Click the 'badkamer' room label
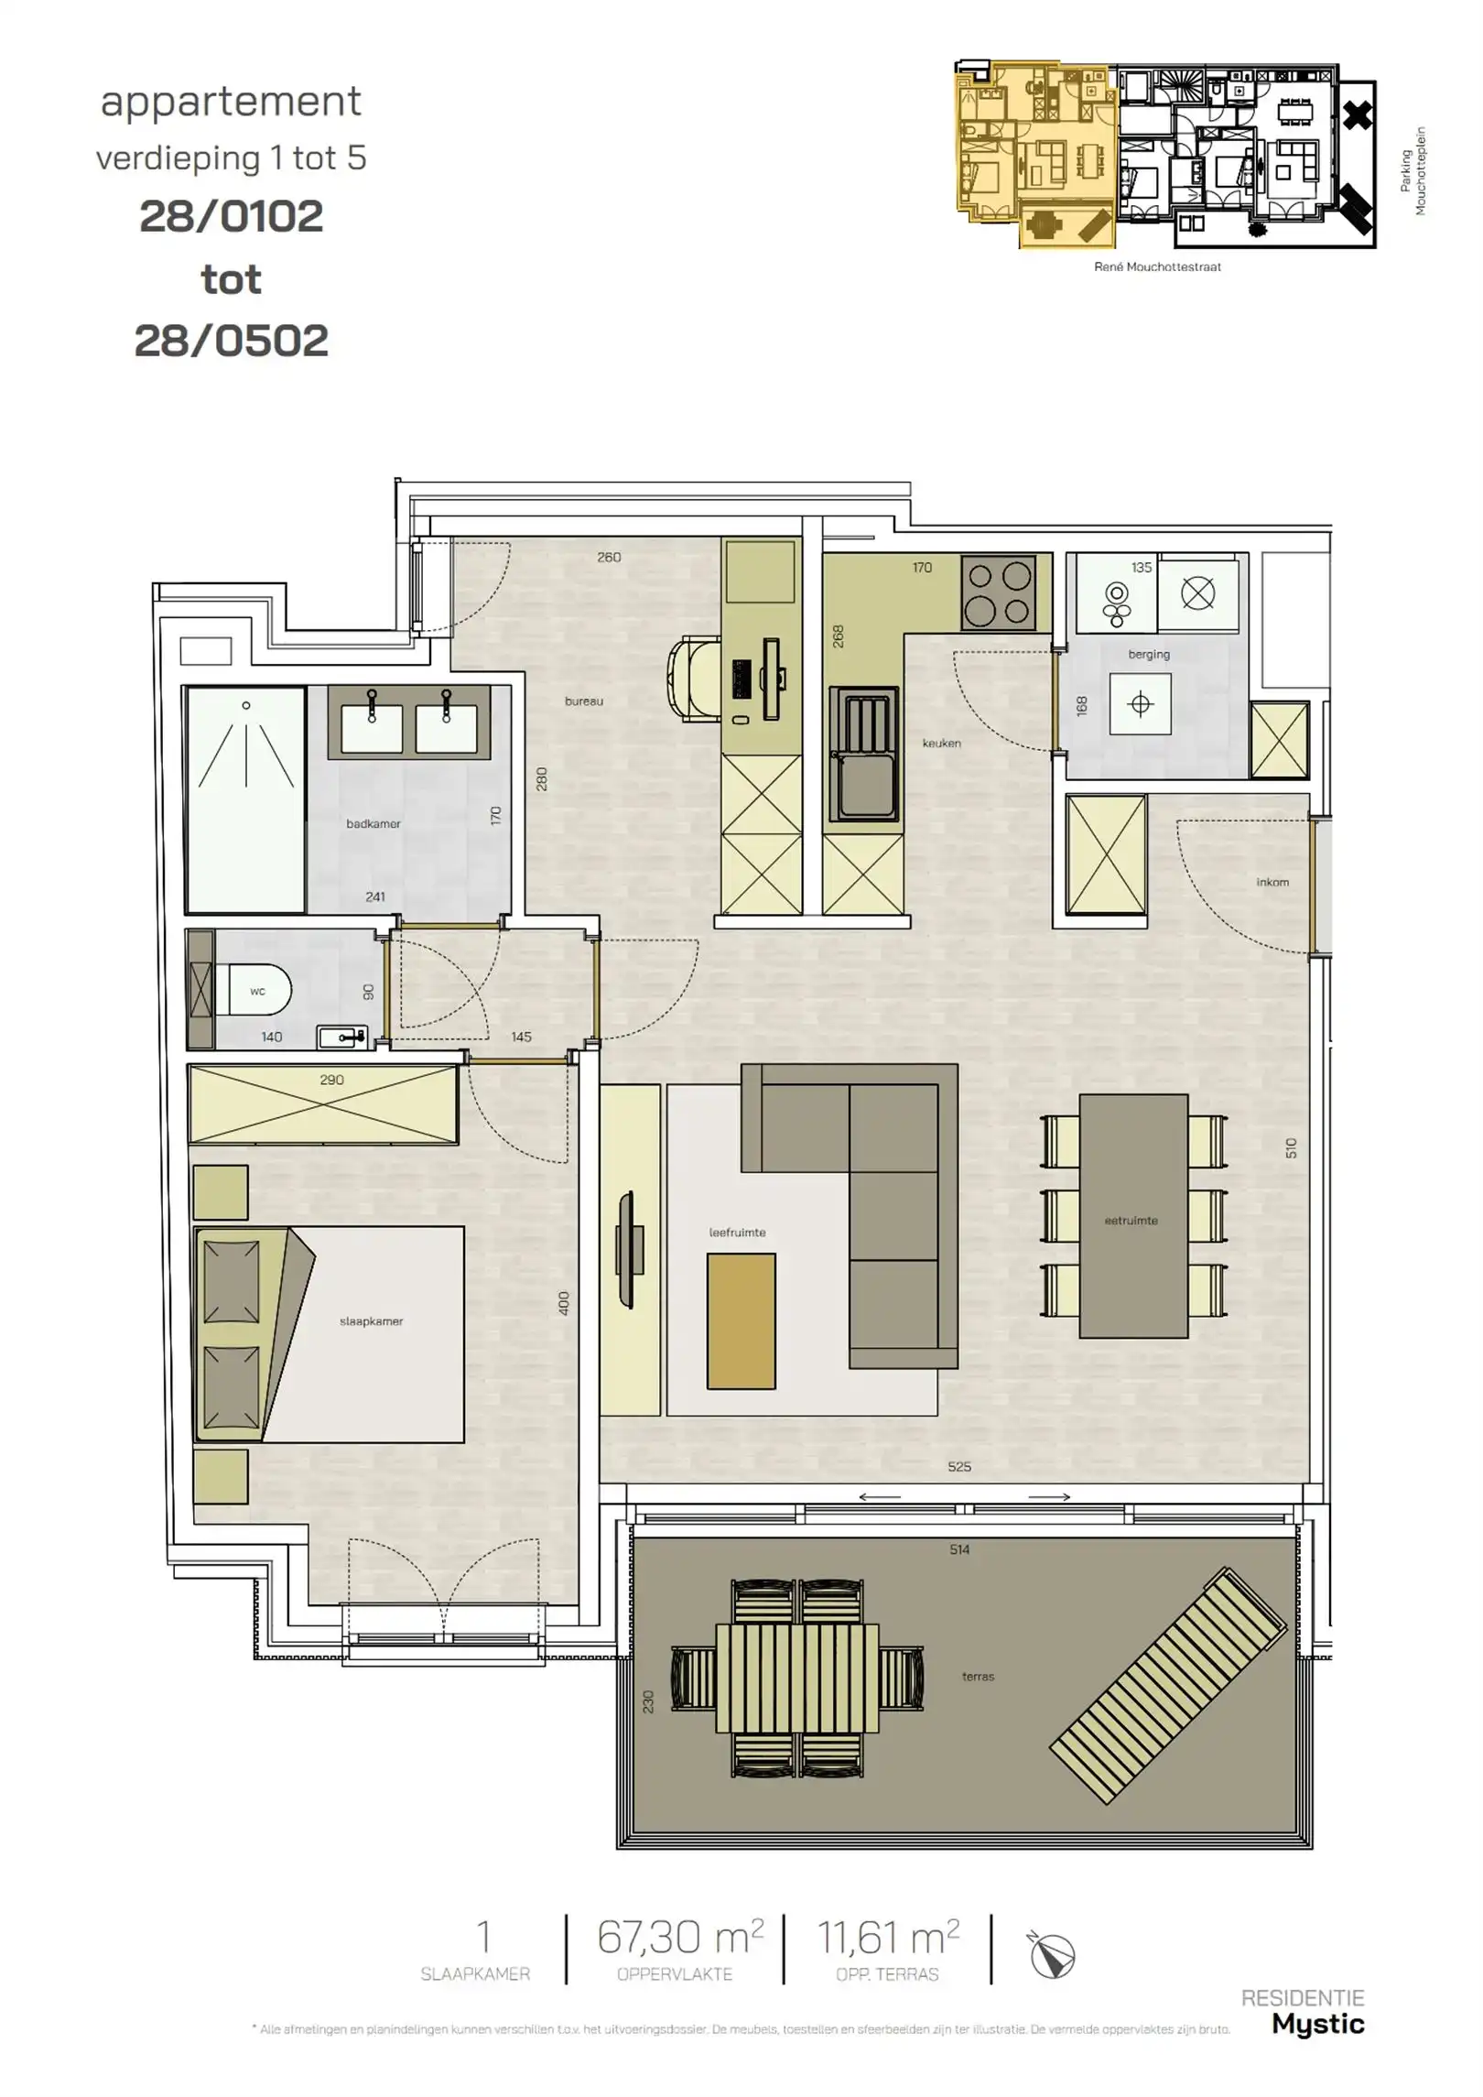pyautogui.click(x=373, y=823)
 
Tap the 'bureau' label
pyautogui.click(x=583, y=701)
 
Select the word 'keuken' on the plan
pyautogui.click(x=941, y=743)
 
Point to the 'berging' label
pyautogui.click(x=1148, y=654)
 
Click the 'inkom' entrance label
pyautogui.click(x=1272, y=882)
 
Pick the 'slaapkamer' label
pyautogui.click(x=371, y=1321)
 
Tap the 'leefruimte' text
pyautogui.click(x=737, y=1233)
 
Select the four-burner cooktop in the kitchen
pyautogui.click(x=998, y=592)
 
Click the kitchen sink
pyautogui.click(x=862, y=754)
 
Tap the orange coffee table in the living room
pyautogui.click(x=741, y=1321)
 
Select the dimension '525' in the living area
pyautogui.click(x=958, y=1467)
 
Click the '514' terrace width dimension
pyautogui.click(x=958, y=1550)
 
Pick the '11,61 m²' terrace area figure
pyautogui.click(x=887, y=1937)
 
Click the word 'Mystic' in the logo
pyautogui.click(x=1317, y=2023)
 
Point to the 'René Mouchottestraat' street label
pyautogui.click(x=1156, y=267)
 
